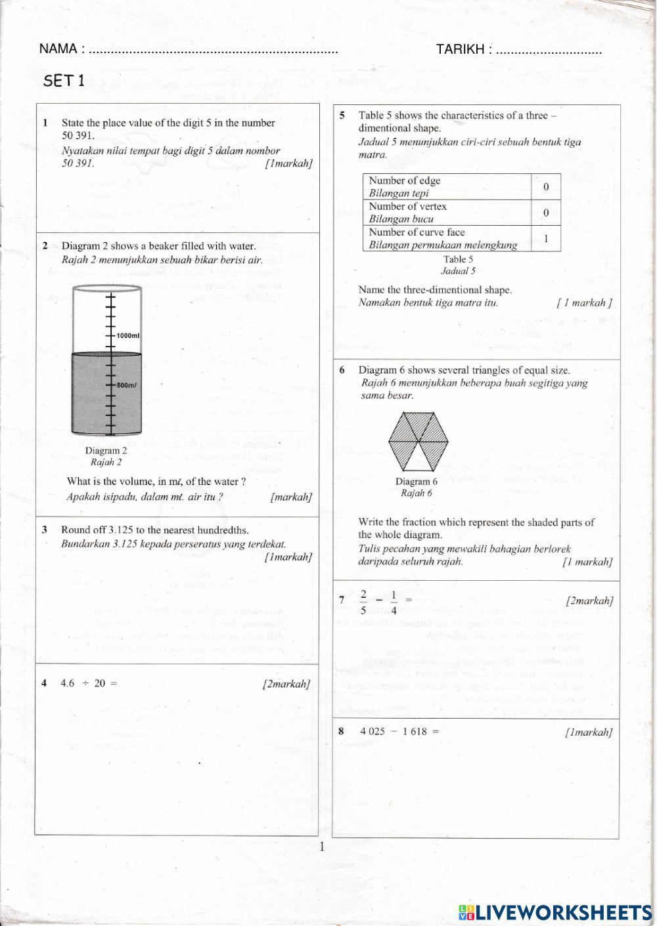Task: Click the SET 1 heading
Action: tap(64, 81)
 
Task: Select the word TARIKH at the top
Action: tap(460, 49)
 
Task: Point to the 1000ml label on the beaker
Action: tap(128, 335)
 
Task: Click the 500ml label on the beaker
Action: tap(127, 385)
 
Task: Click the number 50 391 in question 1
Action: tap(78, 136)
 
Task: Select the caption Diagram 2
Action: tap(106, 450)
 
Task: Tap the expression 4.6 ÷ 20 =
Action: tap(89, 683)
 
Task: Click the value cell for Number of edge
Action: tap(545, 187)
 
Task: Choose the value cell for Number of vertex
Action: tap(545, 213)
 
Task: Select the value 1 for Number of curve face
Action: tap(545, 239)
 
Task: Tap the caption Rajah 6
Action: tap(416, 494)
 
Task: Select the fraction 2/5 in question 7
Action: tap(363, 600)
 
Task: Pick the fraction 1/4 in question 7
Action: tap(394, 600)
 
